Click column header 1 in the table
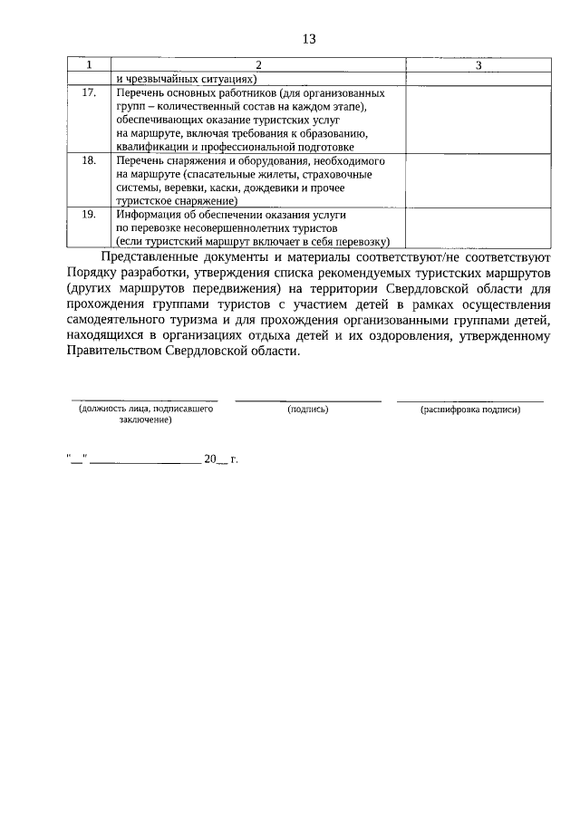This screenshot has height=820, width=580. click(88, 66)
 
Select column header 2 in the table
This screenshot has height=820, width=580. click(257, 66)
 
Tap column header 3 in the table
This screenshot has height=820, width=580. click(478, 66)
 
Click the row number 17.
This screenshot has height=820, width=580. click(88, 93)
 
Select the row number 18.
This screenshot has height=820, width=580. click(88, 160)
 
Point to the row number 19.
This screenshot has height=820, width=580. click(88, 215)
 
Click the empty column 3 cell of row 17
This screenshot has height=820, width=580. click(478, 119)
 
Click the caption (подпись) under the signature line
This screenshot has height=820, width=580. click(307, 410)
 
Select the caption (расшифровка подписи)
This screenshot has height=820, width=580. click(470, 410)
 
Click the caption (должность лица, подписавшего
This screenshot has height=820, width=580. click(145, 410)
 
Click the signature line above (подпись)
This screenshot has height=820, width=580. click(307, 400)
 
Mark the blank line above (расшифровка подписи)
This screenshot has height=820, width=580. click(470, 400)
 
